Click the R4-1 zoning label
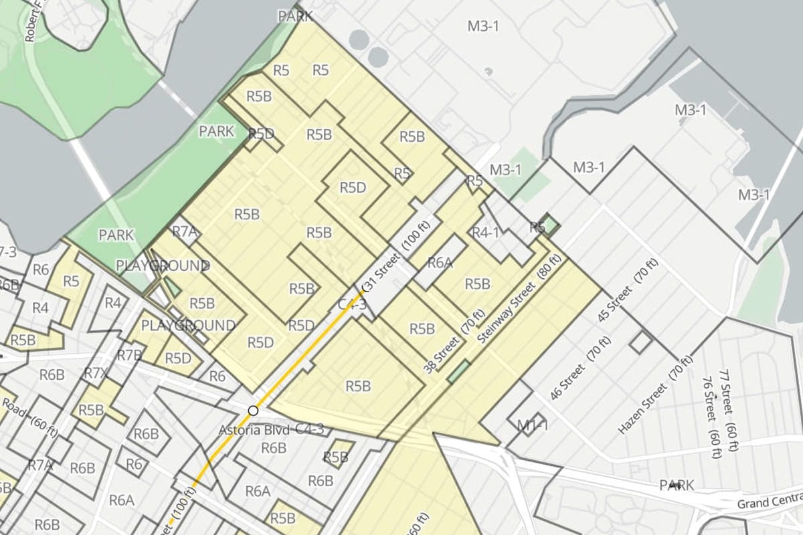(486, 233)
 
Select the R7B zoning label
(129, 354)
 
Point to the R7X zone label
(95, 373)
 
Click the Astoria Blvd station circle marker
(253, 410)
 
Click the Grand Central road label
(770, 501)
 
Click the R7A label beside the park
(185, 232)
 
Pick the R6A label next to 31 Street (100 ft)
(440, 262)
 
